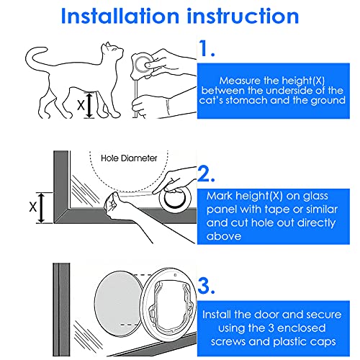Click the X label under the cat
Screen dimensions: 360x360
pos(80,105)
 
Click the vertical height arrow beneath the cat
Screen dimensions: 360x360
pos(90,104)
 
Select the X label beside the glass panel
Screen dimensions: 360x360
pos(32,206)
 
